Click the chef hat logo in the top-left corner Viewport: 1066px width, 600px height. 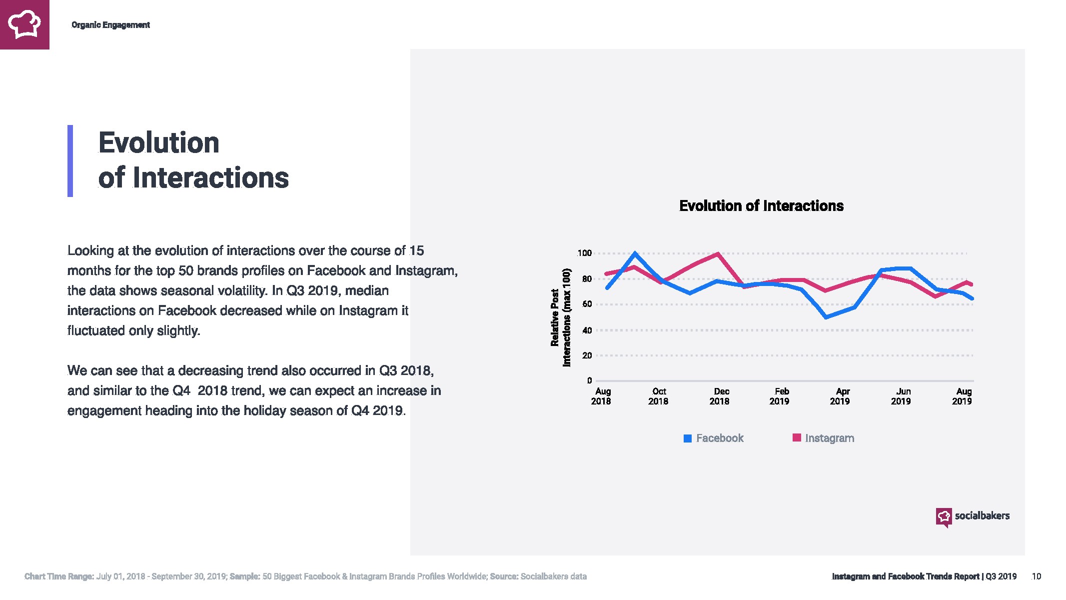click(x=24, y=24)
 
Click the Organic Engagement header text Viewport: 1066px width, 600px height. click(x=110, y=25)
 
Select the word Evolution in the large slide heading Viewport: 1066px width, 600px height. click(x=159, y=143)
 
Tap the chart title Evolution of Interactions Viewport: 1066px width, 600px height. click(x=761, y=206)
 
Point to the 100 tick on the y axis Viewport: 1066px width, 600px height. click(x=585, y=253)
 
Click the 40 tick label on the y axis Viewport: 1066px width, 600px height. click(x=587, y=330)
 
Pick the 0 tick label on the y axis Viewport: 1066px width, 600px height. click(x=589, y=380)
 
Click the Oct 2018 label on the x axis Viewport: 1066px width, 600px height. click(x=659, y=396)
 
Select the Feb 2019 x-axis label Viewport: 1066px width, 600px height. click(x=780, y=396)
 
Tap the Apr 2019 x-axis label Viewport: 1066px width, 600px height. click(x=841, y=396)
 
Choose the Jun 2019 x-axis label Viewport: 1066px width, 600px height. click(x=902, y=396)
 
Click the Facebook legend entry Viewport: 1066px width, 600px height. click(x=714, y=438)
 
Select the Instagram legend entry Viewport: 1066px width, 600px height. click(x=824, y=438)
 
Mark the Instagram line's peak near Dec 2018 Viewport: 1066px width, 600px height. click(x=718, y=254)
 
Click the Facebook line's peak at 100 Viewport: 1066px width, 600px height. click(x=635, y=253)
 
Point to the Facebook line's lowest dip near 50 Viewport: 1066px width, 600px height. click(x=826, y=317)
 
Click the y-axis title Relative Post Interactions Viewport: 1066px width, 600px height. click(x=560, y=318)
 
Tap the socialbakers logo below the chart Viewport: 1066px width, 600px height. click(x=973, y=516)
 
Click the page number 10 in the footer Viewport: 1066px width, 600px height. click(x=1037, y=576)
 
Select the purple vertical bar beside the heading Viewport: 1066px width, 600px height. click(x=70, y=160)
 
